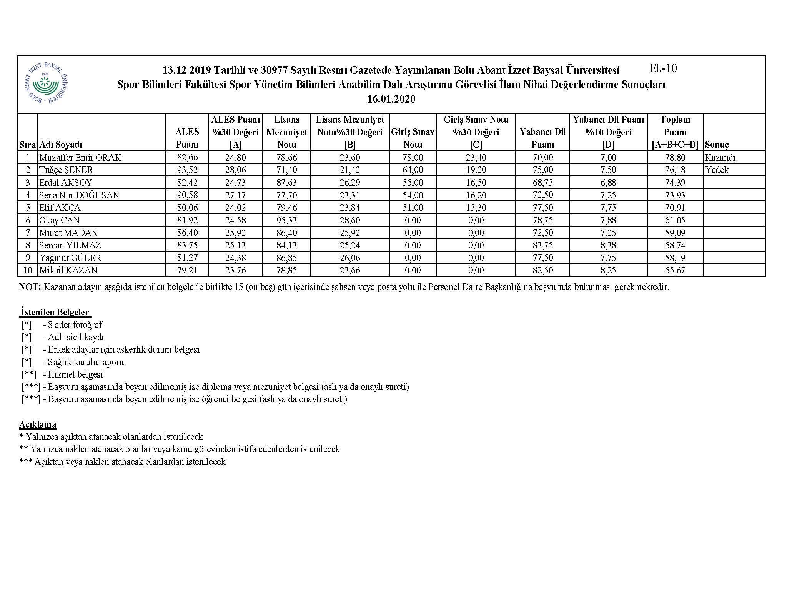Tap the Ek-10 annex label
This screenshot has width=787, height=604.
click(x=663, y=68)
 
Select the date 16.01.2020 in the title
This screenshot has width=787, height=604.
click(x=391, y=99)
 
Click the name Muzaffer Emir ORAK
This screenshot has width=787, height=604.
click(x=80, y=157)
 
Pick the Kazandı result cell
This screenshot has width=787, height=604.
click(x=720, y=157)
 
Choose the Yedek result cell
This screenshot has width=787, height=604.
click(x=717, y=170)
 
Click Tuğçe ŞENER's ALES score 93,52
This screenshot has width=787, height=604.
click(x=187, y=170)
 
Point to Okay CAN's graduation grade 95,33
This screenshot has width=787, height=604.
click(x=286, y=220)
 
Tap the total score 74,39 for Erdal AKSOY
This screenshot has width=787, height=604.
click(x=675, y=183)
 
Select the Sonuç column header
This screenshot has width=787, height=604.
click(x=717, y=145)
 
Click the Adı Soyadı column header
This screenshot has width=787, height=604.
click(x=61, y=145)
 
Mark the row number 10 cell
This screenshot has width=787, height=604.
click(x=28, y=270)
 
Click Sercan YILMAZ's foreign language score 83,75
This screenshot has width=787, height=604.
click(x=542, y=245)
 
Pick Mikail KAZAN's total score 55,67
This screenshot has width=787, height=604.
click(x=675, y=270)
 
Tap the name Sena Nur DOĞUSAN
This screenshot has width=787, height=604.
click(x=79, y=195)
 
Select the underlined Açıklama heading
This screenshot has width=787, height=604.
click(x=38, y=424)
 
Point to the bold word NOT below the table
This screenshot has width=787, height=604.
click(x=30, y=287)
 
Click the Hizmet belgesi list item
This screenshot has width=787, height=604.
click(x=75, y=374)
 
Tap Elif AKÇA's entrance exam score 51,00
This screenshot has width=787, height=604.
click(x=413, y=208)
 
